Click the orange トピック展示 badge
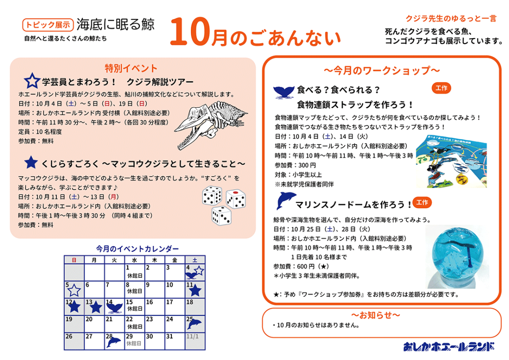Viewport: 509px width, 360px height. point(48,25)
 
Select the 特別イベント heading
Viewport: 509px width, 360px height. point(131,68)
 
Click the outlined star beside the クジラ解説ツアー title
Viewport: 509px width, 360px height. point(32,80)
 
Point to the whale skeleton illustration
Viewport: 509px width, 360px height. point(211,125)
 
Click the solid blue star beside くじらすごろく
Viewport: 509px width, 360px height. point(31,162)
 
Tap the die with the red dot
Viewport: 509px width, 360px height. point(236,199)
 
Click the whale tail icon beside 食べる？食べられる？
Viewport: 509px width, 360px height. point(284,92)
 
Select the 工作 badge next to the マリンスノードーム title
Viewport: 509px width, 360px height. point(422,203)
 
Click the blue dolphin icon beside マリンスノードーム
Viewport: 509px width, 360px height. point(286,200)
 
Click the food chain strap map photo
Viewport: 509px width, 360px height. point(451,161)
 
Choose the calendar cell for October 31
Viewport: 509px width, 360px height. point(175,341)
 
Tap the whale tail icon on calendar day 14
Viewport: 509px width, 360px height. point(115,307)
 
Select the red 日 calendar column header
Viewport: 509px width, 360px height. point(74,260)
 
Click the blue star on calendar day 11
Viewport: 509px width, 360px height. point(195,290)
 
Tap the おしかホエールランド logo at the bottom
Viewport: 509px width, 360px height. point(449,346)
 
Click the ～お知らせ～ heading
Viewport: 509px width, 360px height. point(375,315)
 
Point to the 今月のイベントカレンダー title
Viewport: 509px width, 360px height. point(137,249)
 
